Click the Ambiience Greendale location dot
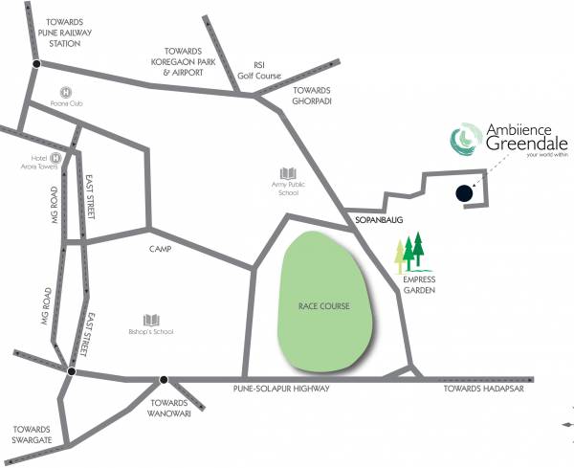463,192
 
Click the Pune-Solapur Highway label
281,389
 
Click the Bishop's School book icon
151,319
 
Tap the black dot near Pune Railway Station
36,64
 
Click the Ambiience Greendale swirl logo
463,140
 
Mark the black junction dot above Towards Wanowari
164,379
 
